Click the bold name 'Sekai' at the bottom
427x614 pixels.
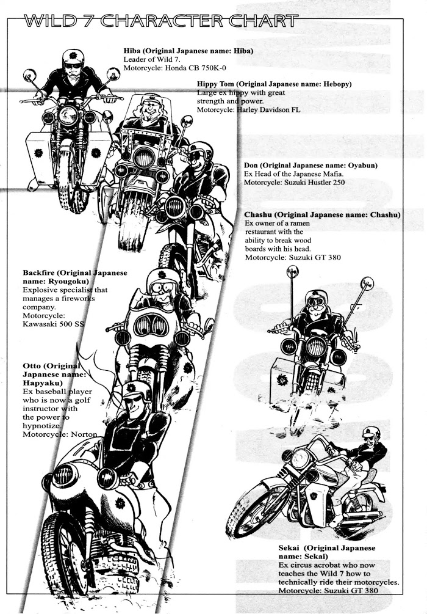coord(282,548)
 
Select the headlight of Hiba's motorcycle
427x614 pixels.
coord(68,114)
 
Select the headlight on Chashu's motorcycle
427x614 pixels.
coord(315,346)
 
